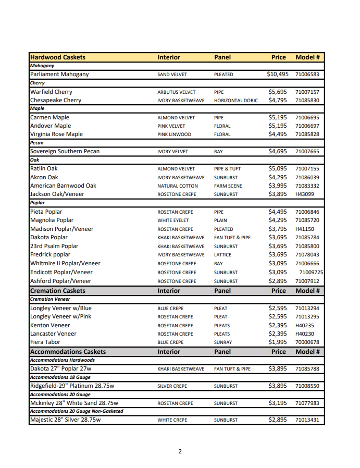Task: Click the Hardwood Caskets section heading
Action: coord(58,57)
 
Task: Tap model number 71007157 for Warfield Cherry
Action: coord(307,92)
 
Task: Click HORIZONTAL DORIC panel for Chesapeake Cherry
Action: coord(235,101)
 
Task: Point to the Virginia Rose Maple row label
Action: coord(56,134)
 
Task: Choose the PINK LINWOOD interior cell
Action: coord(174,134)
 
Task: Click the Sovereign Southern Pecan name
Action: coord(65,152)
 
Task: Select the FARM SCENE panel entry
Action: coord(228,186)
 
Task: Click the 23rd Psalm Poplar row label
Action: coord(54,246)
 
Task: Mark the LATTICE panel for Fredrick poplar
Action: coord(223,255)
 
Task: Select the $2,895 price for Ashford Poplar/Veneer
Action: coord(278,281)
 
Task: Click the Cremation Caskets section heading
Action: coord(58,291)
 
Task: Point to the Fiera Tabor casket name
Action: coord(45,342)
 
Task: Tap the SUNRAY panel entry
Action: coord(223,342)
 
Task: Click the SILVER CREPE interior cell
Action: coord(172,386)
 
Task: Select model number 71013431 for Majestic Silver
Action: coord(307,420)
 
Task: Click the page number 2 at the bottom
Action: coord(180,451)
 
